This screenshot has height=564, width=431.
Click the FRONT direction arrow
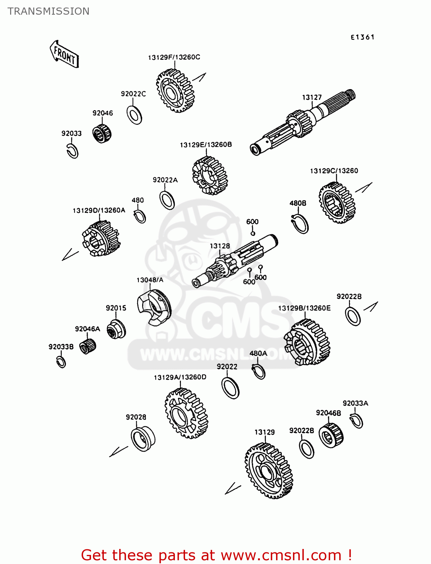click(x=64, y=54)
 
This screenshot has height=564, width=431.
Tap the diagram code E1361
click(x=363, y=37)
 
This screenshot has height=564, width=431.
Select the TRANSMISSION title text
click(x=49, y=11)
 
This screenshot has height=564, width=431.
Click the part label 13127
click(x=312, y=97)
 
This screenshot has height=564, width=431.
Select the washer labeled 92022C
click(x=134, y=115)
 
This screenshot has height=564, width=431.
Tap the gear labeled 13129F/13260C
click(x=175, y=91)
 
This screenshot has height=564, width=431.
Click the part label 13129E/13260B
click(x=206, y=145)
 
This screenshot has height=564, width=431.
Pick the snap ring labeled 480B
click(x=300, y=224)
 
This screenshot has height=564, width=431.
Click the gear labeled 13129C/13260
click(x=337, y=203)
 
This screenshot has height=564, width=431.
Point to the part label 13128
click(x=220, y=246)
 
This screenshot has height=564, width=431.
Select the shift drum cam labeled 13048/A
click(x=154, y=309)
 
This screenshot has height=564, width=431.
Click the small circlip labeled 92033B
click(x=61, y=362)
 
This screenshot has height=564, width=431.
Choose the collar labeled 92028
click(x=143, y=439)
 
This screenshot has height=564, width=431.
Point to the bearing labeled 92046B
click(x=331, y=436)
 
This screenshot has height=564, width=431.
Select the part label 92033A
click(x=355, y=403)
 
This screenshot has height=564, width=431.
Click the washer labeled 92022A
click(x=167, y=200)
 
